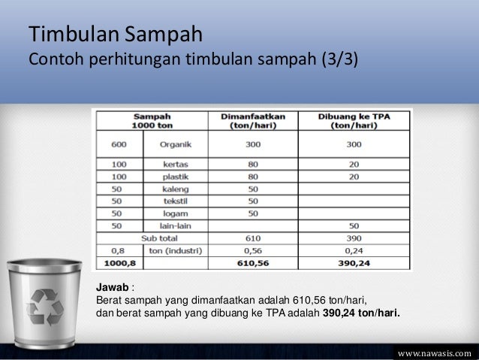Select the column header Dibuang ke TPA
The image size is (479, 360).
(353, 121)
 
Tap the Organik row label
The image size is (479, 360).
(174, 144)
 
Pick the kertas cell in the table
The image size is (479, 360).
(174, 164)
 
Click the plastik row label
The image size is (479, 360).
(174, 177)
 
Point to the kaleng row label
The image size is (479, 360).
(174, 189)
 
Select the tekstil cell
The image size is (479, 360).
(174, 202)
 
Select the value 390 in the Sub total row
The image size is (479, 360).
(353, 240)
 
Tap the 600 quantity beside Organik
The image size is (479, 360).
(116, 144)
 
